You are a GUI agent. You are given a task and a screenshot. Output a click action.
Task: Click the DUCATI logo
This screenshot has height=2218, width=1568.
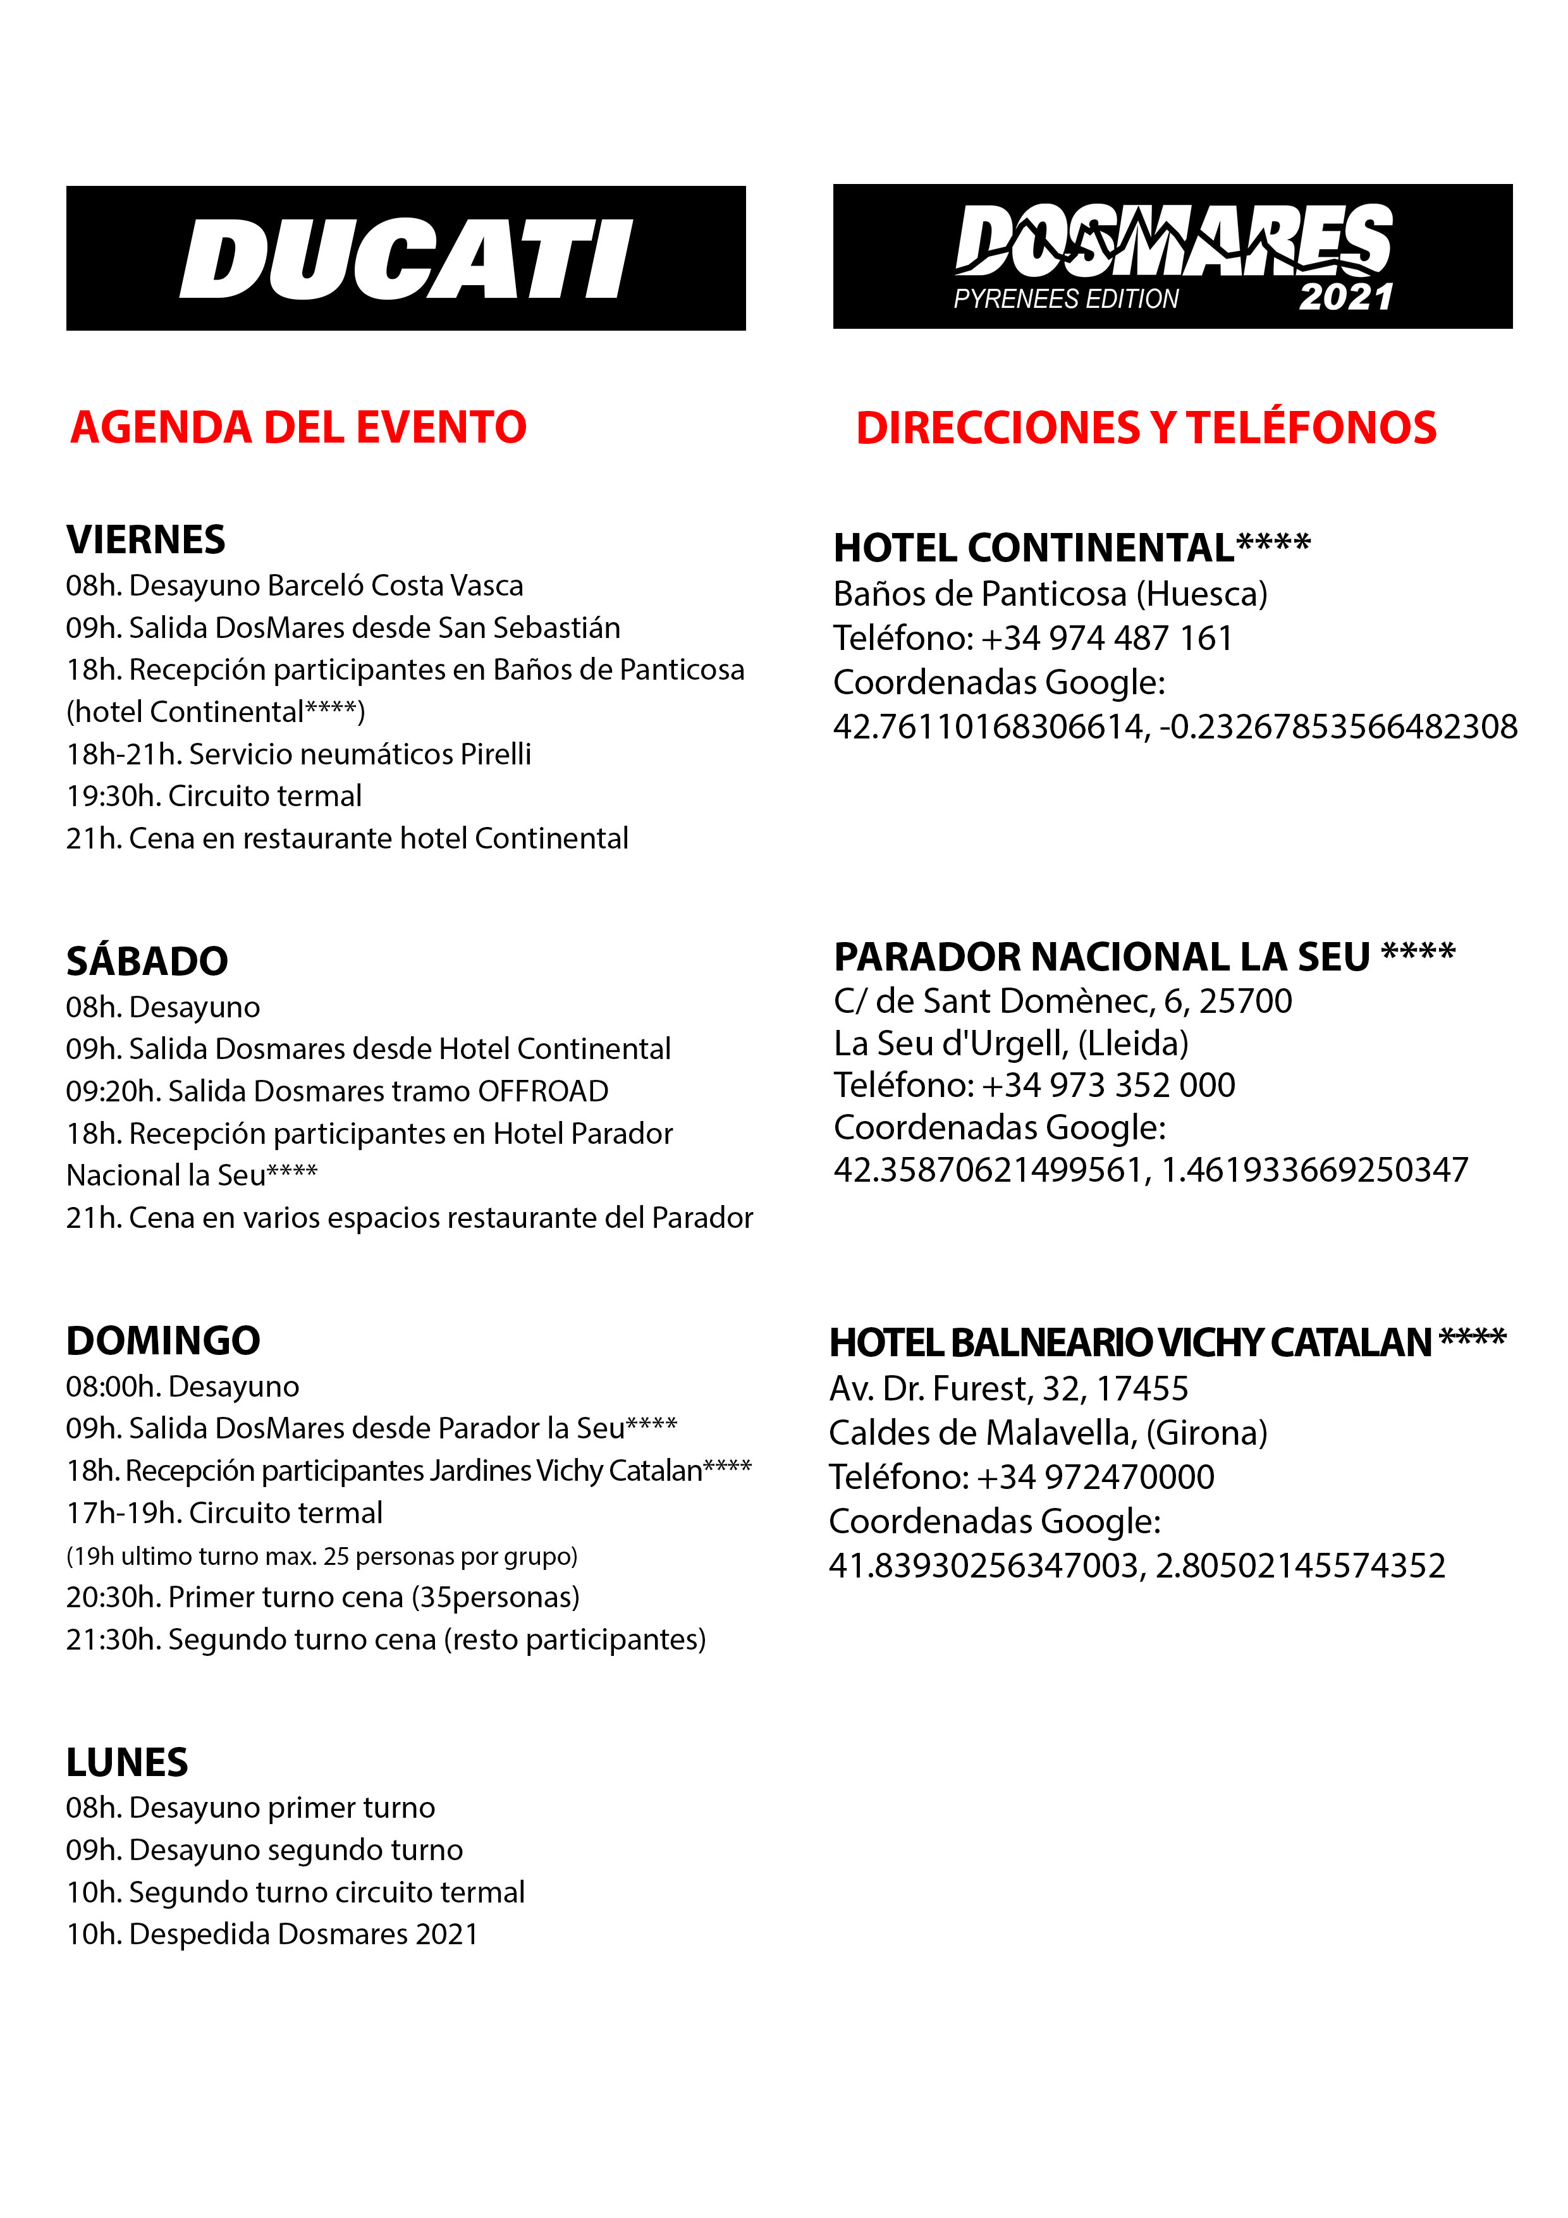point(406,259)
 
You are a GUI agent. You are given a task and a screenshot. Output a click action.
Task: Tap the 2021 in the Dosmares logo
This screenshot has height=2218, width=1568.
point(1346,297)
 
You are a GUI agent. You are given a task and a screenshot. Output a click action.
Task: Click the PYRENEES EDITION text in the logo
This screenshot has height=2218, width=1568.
point(1065,298)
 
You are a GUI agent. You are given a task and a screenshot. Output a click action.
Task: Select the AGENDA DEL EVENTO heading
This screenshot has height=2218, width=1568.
point(298,427)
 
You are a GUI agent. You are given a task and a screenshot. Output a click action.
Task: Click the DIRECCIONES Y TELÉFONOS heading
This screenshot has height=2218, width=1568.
point(1146,428)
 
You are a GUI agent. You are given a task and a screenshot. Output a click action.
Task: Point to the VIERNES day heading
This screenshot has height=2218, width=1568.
point(146,539)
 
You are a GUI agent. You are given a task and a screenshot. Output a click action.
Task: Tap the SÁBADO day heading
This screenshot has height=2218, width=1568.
point(147,961)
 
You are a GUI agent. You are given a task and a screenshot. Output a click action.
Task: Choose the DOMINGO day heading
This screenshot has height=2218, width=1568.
point(163,1341)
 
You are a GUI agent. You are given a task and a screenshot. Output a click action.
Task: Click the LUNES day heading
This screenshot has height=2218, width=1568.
point(128,1763)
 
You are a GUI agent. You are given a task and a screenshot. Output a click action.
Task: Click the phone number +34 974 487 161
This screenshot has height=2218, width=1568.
point(1106,637)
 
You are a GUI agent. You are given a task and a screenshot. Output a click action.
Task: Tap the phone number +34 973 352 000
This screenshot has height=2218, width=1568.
point(1108,1085)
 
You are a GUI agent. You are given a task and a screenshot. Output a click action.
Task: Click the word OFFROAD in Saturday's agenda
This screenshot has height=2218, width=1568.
point(543,1091)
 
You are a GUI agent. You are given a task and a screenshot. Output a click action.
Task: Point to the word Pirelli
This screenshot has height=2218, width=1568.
point(496,754)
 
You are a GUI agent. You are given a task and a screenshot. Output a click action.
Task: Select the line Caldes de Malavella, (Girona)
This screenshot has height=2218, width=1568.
point(1048,1433)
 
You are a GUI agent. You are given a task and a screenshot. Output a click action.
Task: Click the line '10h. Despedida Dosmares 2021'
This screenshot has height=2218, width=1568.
point(273,1934)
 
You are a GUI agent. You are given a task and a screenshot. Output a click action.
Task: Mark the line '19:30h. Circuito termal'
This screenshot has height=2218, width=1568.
point(214,796)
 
